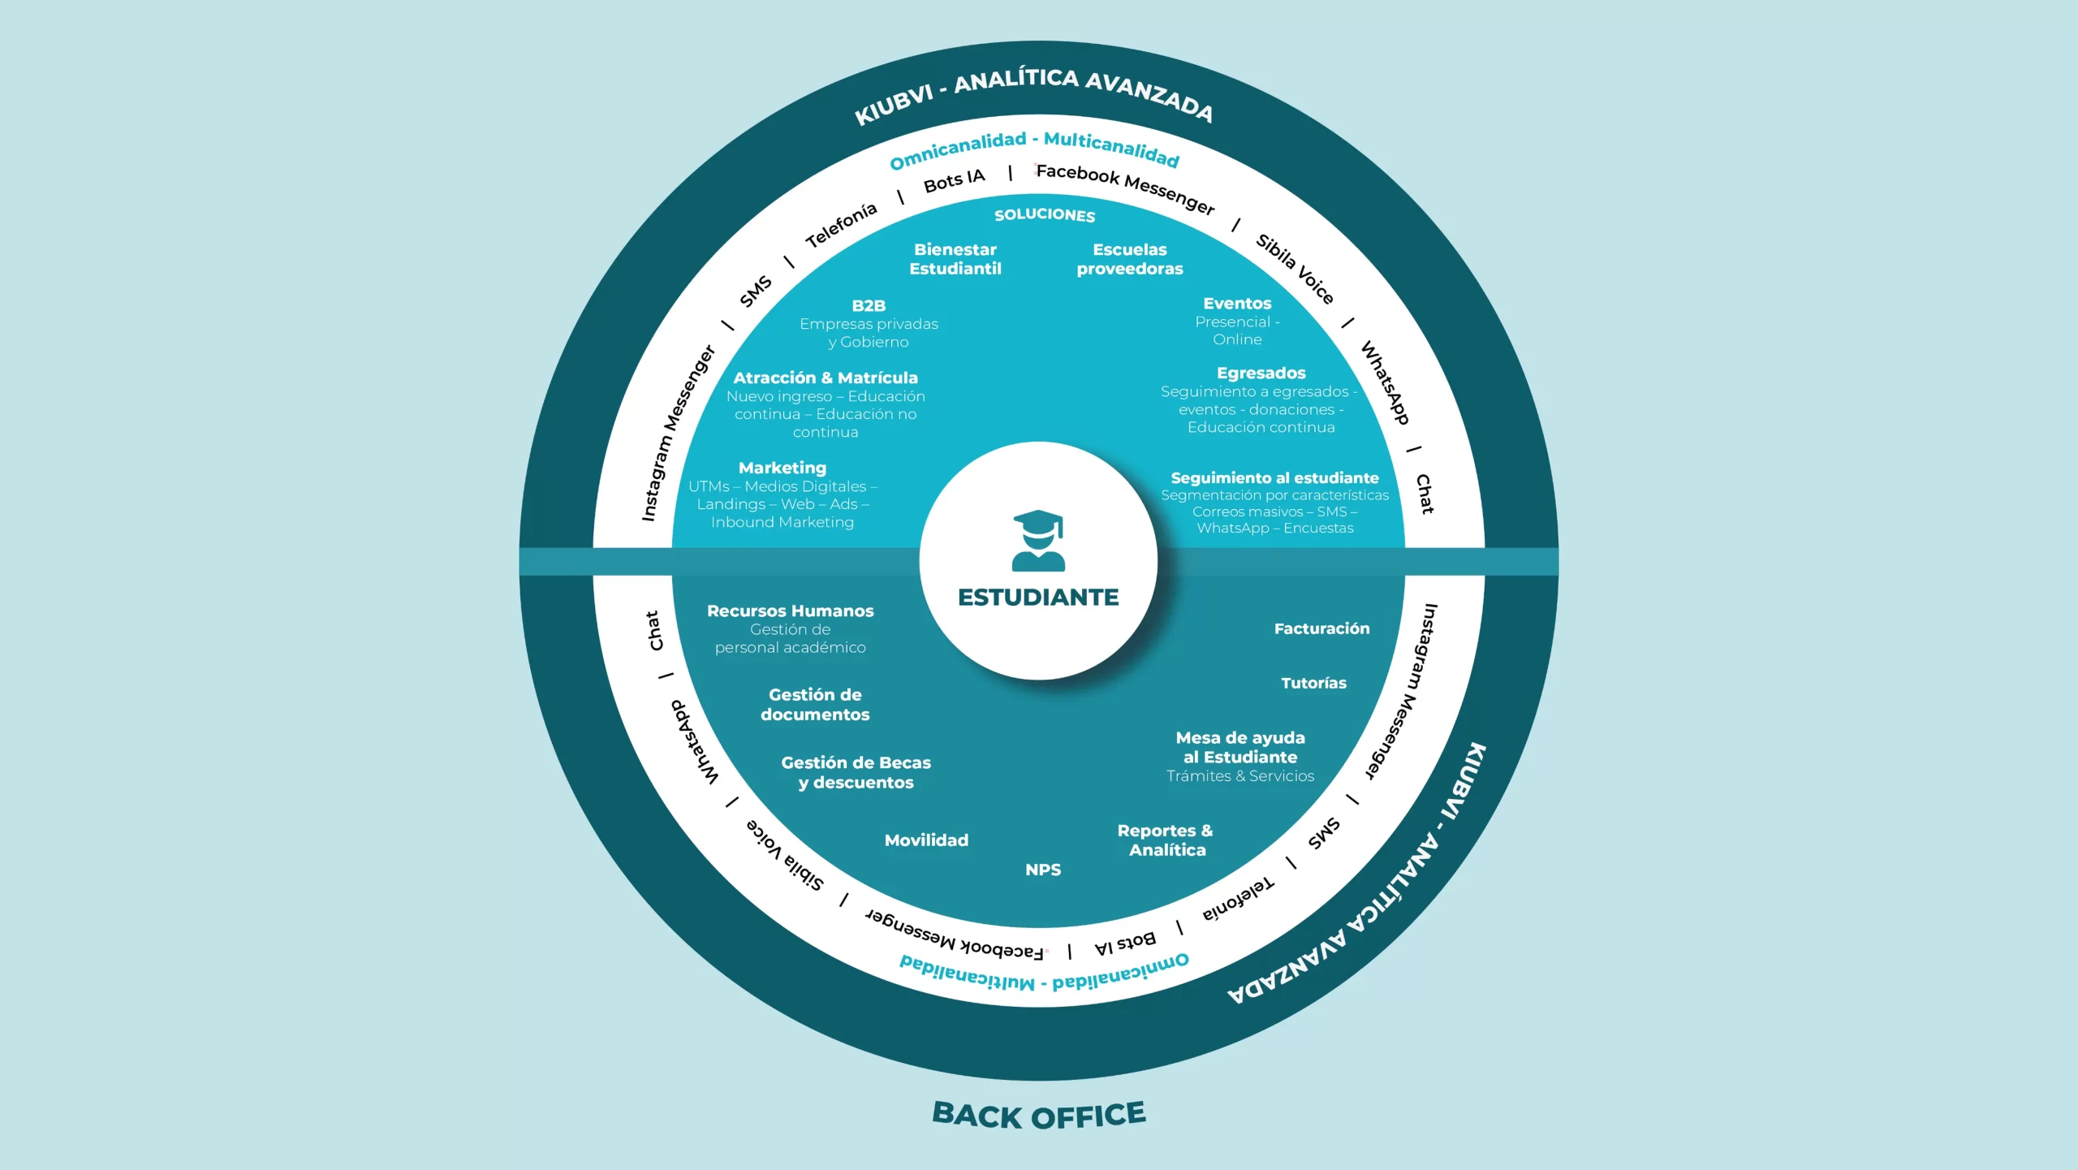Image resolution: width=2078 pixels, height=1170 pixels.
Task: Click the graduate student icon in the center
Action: (1038, 541)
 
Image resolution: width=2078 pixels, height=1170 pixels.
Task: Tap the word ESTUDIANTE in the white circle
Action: (1038, 598)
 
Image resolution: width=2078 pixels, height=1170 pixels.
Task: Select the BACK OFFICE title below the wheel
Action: (1038, 1115)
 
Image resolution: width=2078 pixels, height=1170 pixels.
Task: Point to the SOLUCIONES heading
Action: (1045, 215)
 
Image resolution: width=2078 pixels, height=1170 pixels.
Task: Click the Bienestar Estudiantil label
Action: (955, 259)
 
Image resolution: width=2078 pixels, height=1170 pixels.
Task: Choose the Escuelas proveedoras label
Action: (1129, 259)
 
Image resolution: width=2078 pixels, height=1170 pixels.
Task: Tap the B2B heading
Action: (869, 306)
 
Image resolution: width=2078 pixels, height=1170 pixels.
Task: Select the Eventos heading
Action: (1237, 304)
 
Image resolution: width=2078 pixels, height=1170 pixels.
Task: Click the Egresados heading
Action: (1261, 373)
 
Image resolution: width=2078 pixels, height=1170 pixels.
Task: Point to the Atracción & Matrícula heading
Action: (826, 378)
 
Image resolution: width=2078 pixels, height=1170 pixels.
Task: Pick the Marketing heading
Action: (782, 468)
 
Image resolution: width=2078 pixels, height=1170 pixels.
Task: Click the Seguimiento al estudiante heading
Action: (1274, 478)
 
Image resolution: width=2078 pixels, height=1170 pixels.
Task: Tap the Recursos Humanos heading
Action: (790, 611)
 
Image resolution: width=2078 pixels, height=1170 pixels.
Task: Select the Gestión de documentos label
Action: (815, 705)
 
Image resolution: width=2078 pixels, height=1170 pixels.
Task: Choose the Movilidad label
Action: (926, 840)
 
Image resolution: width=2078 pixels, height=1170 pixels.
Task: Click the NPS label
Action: (1043, 870)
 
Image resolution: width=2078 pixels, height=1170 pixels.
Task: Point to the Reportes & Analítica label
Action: (1166, 840)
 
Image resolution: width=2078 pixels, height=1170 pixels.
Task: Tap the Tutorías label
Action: (1313, 684)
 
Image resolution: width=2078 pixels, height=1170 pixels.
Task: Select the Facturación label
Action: (1321, 628)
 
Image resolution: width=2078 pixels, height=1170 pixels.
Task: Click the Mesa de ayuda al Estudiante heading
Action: (1240, 748)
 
